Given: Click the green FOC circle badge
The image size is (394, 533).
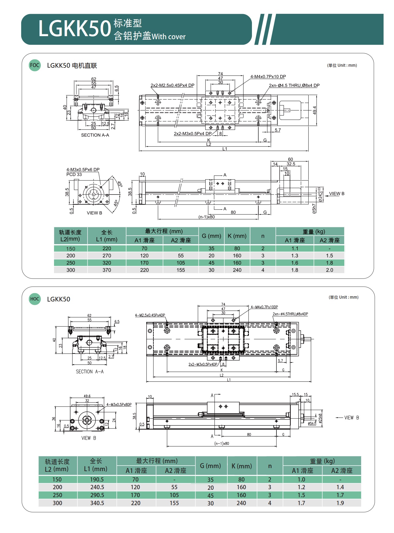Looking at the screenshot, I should coord(35,65).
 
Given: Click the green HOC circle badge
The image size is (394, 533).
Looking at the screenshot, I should coord(35,299).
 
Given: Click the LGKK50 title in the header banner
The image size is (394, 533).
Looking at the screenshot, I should coord(74,29).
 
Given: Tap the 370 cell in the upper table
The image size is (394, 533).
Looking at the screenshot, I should coord(107,270).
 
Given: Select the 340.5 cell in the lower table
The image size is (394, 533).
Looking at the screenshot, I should coord(97,503).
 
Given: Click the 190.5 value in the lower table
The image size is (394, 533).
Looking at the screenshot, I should coord(97,480).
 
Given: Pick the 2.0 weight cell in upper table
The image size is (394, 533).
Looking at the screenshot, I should coord(329,270).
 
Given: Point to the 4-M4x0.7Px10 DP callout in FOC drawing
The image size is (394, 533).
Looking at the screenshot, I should coord(268,77).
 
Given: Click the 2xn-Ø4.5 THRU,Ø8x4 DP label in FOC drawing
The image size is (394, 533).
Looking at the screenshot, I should coord(294,85).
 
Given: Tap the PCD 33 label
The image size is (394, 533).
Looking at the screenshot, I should coord(74,175).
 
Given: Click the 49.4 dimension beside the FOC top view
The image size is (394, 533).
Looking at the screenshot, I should coord(315,110).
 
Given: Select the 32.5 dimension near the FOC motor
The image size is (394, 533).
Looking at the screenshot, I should coord(291,164).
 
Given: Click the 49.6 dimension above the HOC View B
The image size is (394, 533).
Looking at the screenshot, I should coord(87,396).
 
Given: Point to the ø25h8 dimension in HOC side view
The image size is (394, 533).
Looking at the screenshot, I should coord(320,418).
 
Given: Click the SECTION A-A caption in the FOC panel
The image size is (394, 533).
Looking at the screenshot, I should coord(95,135).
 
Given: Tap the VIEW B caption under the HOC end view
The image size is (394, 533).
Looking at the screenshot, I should coord(89,438).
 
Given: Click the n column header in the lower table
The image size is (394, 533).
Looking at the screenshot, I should coord(270,466).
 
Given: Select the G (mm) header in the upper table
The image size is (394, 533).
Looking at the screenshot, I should coord(211,236).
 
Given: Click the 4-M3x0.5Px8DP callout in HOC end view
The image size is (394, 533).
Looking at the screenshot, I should coord(119,405).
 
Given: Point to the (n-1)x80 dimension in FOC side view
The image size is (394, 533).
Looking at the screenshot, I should coord(206,217).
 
